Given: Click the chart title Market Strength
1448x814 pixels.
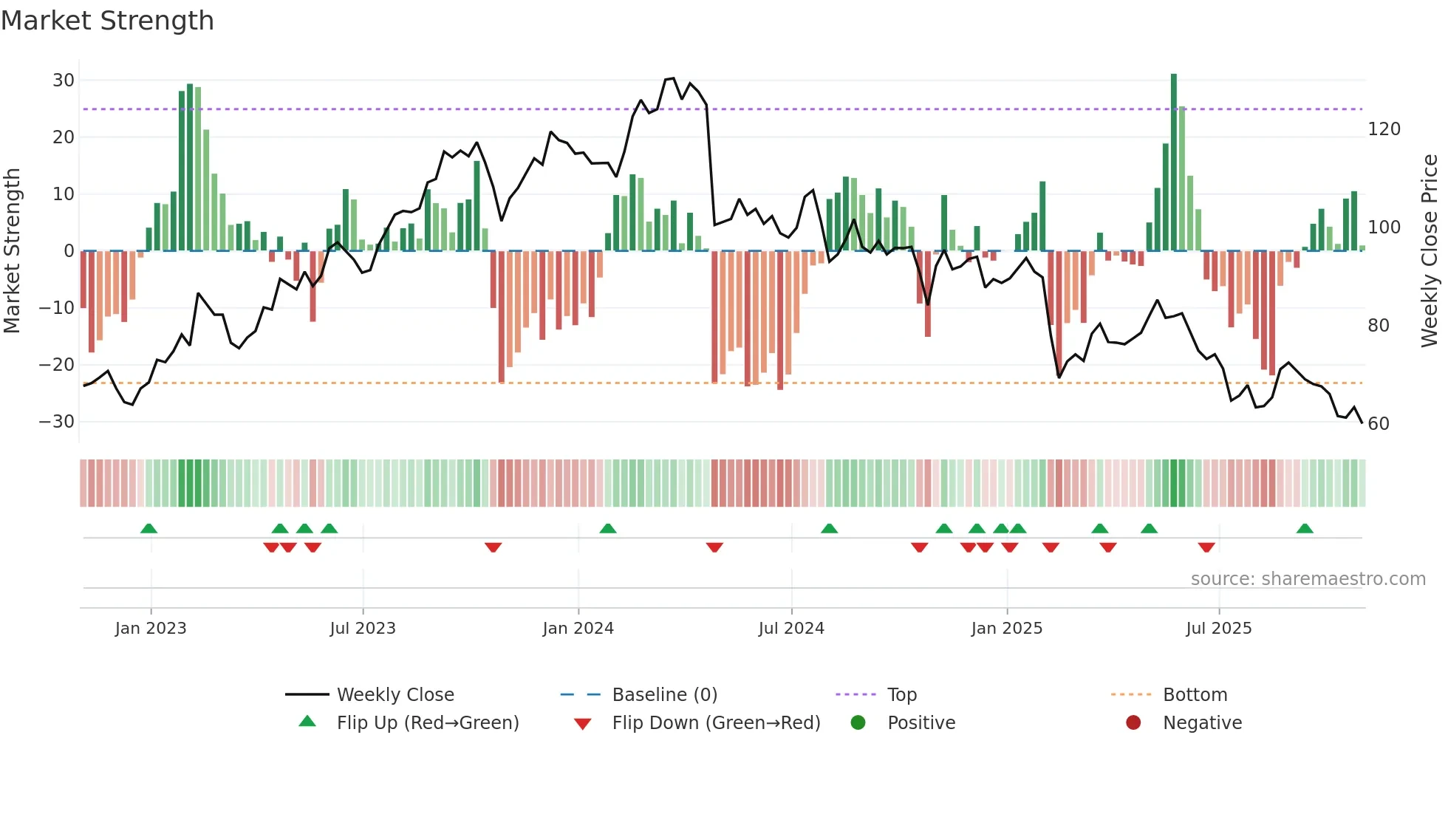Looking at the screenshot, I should (x=107, y=21).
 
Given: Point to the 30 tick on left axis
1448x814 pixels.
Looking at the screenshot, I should (x=64, y=81).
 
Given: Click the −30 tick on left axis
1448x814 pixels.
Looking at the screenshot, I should (x=58, y=422).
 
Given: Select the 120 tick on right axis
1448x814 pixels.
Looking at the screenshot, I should (x=1384, y=129).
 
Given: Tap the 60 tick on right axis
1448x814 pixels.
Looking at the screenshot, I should (x=1379, y=424).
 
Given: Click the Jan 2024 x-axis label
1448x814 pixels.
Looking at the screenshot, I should (x=578, y=629).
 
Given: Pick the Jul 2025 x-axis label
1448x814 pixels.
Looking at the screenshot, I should (x=1218, y=629).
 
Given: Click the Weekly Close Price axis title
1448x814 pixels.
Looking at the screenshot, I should (x=1430, y=251).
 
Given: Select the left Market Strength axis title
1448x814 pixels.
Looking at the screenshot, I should (x=12, y=251).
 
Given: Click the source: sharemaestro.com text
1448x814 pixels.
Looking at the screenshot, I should (x=1308, y=579).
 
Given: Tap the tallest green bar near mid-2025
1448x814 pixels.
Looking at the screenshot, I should (x=1174, y=163).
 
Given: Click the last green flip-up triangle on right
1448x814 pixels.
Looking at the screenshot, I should (x=1305, y=529).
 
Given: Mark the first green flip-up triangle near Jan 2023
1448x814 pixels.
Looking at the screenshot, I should (x=148, y=529).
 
